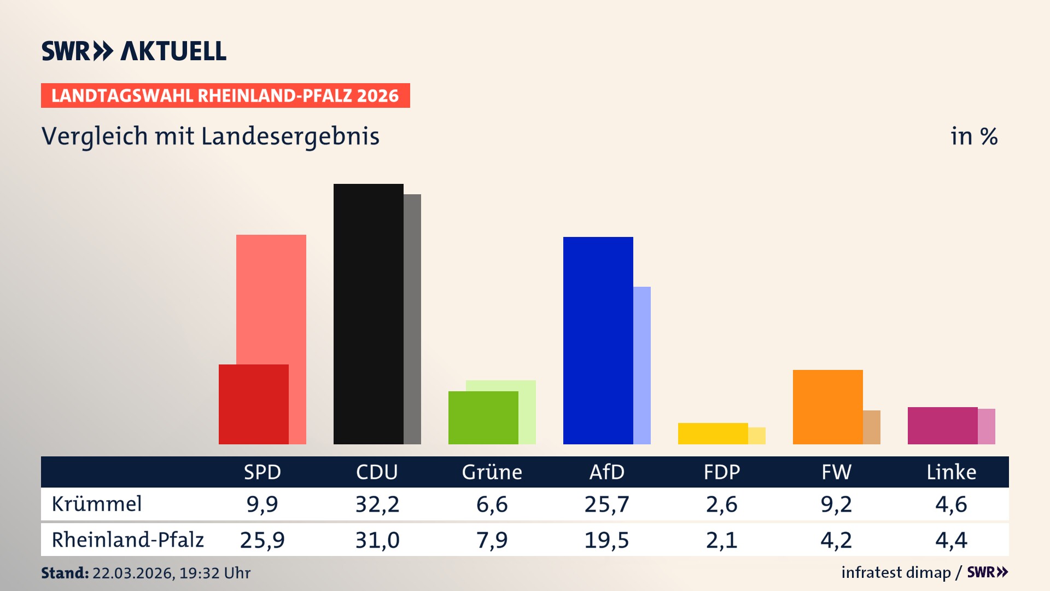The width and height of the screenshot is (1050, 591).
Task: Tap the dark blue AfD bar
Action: [598, 340]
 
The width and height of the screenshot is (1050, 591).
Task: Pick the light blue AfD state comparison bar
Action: [642, 365]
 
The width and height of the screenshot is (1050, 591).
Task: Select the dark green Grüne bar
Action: [483, 418]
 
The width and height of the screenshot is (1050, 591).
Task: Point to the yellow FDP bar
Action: [713, 433]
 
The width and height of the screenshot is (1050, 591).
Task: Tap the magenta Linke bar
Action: [942, 425]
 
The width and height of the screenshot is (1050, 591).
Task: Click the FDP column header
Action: [721, 472]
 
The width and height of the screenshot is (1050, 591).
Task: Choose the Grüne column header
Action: [492, 472]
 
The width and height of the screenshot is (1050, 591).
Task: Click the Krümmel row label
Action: [97, 504]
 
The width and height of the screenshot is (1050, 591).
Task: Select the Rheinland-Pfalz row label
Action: [127, 540]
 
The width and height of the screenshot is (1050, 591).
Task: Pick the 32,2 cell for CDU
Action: [377, 504]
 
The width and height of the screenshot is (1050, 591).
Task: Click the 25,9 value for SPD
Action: [262, 540]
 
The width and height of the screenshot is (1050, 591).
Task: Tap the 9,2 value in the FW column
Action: [836, 504]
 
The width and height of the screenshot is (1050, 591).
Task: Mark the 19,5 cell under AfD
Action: [606, 540]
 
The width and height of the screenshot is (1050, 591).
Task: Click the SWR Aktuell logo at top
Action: [133, 51]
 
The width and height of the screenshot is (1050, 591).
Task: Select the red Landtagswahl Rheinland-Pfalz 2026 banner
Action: [225, 96]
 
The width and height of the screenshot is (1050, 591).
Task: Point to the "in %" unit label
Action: [973, 136]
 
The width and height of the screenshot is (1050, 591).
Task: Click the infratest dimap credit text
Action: [896, 572]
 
